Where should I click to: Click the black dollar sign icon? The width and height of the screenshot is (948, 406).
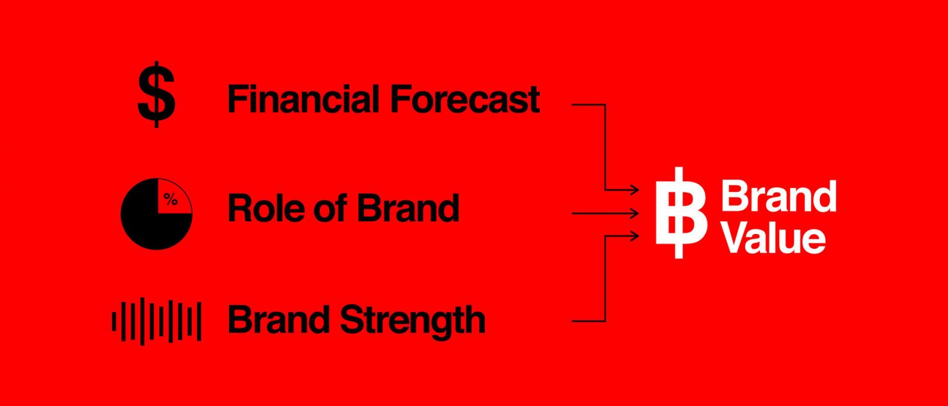(x=156, y=95)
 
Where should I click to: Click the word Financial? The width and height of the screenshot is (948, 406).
(x=303, y=99)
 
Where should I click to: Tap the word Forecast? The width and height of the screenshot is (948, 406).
(x=465, y=99)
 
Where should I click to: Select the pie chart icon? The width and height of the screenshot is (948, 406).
(x=157, y=214)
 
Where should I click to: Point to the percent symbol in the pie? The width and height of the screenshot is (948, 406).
(x=171, y=199)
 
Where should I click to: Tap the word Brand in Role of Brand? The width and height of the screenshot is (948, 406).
(x=408, y=207)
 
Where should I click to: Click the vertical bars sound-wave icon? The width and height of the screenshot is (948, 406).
(x=157, y=322)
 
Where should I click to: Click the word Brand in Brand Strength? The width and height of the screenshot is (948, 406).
(x=279, y=319)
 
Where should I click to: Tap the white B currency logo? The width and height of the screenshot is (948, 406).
(x=681, y=213)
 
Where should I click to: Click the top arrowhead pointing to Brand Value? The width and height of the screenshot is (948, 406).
(x=633, y=189)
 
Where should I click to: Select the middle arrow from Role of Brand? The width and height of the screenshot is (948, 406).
(x=605, y=213)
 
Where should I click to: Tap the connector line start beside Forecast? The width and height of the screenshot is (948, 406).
(x=572, y=104)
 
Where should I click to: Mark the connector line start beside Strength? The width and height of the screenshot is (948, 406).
(x=572, y=321)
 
